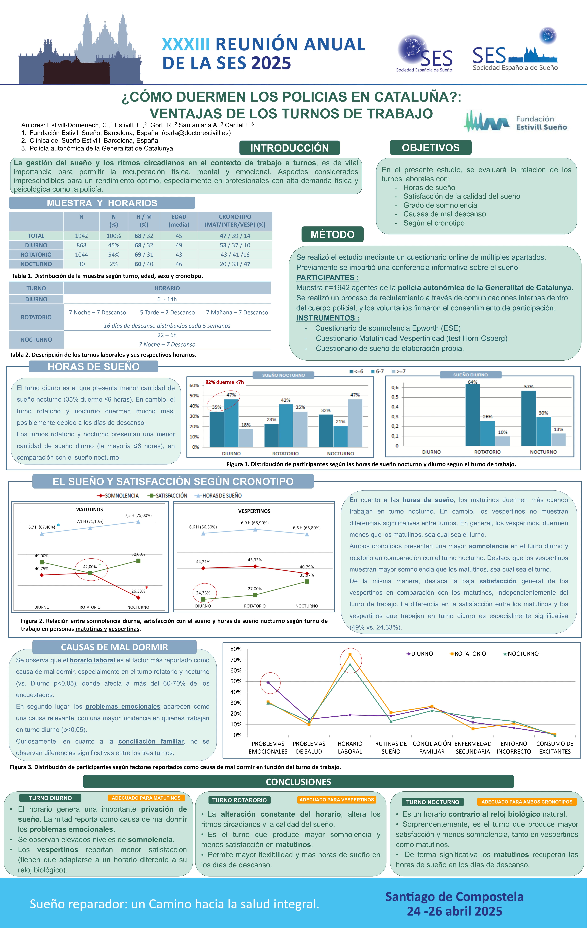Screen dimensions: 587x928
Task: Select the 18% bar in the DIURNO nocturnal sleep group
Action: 246,438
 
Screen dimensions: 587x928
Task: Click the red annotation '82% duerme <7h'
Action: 225,382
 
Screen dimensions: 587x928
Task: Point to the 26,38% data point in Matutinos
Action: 138,597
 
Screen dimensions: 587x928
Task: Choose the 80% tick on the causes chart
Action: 236,649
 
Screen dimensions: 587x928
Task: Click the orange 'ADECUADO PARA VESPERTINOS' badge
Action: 337,800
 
